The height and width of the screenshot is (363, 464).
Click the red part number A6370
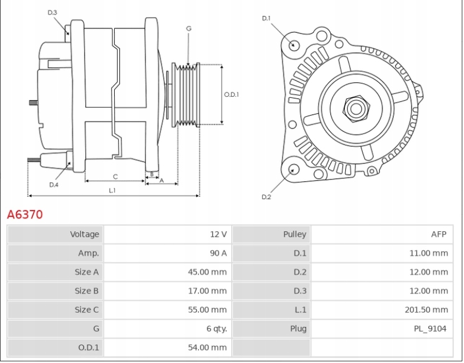click(x=25, y=215)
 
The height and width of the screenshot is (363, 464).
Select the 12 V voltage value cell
click(x=218, y=234)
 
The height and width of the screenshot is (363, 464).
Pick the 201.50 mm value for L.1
click(x=426, y=310)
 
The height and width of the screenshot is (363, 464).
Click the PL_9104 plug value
click(x=430, y=329)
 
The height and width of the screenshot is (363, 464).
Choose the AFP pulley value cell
click(x=438, y=234)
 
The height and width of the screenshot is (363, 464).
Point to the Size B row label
click(x=86, y=291)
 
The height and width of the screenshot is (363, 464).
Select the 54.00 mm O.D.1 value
click(x=207, y=347)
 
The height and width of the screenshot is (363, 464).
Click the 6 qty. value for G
click(x=216, y=329)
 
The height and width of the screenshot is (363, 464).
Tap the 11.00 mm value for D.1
click(x=428, y=253)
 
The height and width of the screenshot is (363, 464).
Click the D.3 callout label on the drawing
click(x=52, y=12)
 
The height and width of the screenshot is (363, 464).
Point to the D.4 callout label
click(x=53, y=185)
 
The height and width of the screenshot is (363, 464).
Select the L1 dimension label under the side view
click(x=112, y=190)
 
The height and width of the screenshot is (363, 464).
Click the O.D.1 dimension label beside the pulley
click(x=231, y=95)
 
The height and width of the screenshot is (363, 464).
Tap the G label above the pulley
click(x=189, y=28)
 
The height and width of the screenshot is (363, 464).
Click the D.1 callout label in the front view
click(x=266, y=18)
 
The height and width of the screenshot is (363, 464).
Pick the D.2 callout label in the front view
click(x=266, y=197)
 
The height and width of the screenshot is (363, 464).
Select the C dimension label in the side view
click(x=115, y=177)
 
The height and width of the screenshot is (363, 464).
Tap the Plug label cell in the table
click(x=298, y=329)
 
